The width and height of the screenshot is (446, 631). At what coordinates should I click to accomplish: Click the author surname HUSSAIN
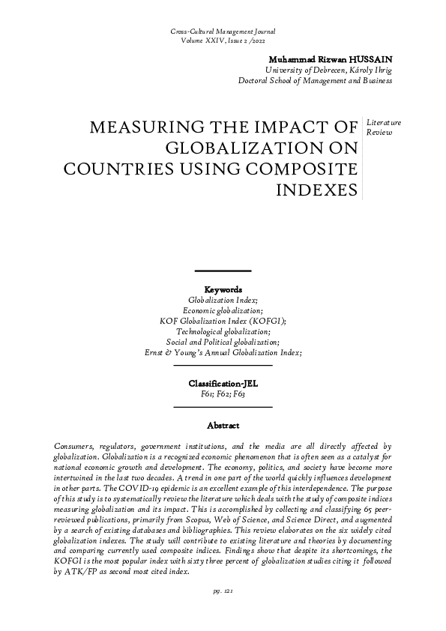pos(368,59)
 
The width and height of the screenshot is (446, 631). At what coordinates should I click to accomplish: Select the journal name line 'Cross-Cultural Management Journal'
pos(223,32)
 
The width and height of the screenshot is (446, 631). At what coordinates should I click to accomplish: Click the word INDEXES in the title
pos(317,190)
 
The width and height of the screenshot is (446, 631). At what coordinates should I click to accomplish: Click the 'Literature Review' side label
pos(383,127)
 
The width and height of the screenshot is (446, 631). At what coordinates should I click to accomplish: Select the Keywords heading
pos(223,289)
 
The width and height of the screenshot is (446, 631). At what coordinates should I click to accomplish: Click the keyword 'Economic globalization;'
pos(223,310)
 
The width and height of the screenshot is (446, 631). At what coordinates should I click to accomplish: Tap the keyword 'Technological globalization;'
pos(223,330)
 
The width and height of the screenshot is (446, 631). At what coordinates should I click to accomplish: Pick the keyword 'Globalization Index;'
pos(223,299)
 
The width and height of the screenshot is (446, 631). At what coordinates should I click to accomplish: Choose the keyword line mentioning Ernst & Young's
pos(223,351)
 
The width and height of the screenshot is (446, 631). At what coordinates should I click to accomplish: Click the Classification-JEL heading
pos(223,383)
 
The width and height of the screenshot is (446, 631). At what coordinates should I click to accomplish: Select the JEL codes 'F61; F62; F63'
pos(223,393)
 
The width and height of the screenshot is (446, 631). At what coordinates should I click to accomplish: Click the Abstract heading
pos(223,425)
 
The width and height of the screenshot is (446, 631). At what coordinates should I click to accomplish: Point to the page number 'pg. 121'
pos(223,612)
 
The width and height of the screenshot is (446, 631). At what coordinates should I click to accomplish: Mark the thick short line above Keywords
pos(223,270)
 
